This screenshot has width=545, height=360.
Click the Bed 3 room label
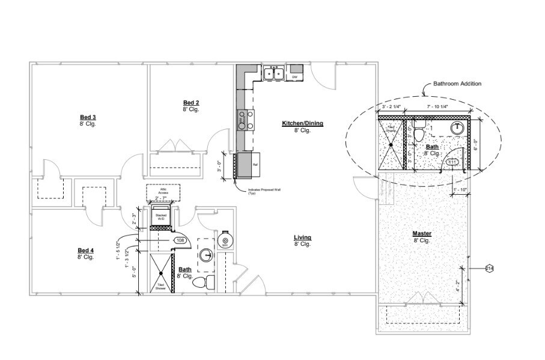pos(88,117)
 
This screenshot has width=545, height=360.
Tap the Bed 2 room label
pos(191,103)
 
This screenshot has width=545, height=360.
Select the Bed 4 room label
pos(85,250)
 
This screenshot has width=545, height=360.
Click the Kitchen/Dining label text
pos(302,124)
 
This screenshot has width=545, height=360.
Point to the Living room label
pos(302,238)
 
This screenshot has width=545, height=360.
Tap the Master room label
pos(422,233)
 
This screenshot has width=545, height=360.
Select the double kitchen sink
pos(274,74)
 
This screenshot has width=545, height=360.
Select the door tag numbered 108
pos(179,240)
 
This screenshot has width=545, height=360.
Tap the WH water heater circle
pos(224,240)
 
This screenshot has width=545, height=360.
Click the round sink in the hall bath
pos(207,255)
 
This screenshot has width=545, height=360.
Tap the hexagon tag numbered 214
pos(489,268)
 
